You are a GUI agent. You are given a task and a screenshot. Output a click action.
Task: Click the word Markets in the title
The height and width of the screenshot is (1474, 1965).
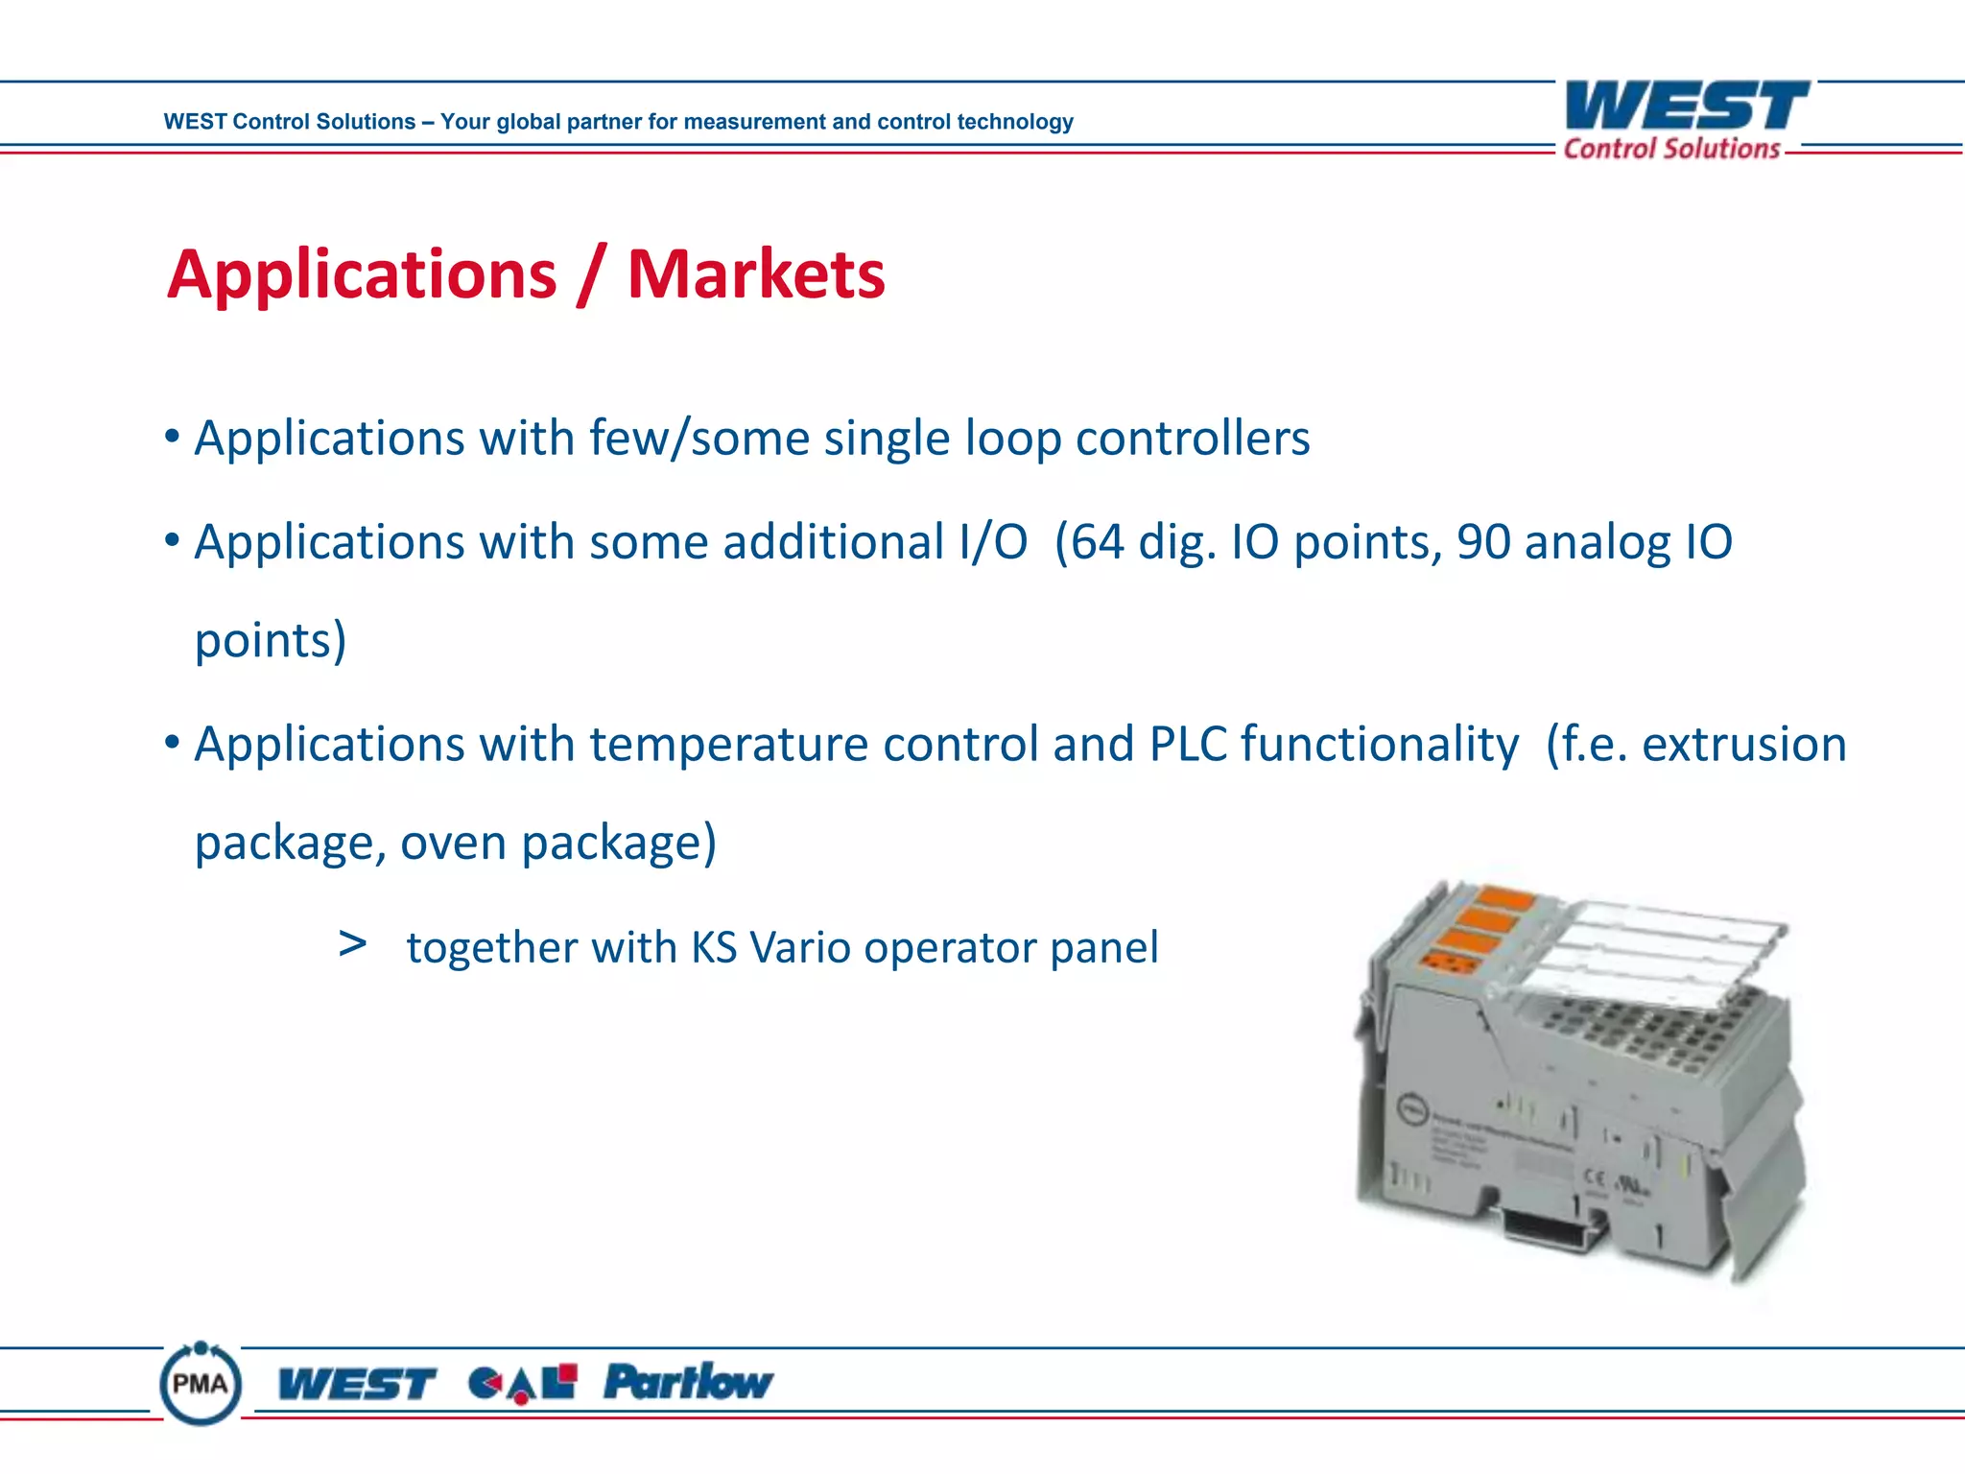pos(756,275)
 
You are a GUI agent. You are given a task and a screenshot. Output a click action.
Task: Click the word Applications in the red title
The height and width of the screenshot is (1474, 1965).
pos(362,275)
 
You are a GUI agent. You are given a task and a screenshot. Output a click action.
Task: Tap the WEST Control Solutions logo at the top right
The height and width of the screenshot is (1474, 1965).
pos(1686,121)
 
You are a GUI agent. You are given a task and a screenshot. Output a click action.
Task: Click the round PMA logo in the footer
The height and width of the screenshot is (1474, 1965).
pos(201,1383)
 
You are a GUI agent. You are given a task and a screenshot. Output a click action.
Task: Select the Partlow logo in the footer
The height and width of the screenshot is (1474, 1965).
pos(687,1382)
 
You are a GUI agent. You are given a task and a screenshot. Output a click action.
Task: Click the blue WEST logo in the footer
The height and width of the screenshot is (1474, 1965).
pos(356,1384)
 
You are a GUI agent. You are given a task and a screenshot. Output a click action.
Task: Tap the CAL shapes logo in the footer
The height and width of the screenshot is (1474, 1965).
pos(523,1383)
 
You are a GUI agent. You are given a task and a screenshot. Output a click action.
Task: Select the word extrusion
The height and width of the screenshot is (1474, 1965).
pos(1743,744)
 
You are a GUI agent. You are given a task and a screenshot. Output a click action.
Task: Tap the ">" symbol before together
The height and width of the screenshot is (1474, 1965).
pos(352,944)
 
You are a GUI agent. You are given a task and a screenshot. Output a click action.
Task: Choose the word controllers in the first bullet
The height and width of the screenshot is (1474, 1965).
pos(1192,439)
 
